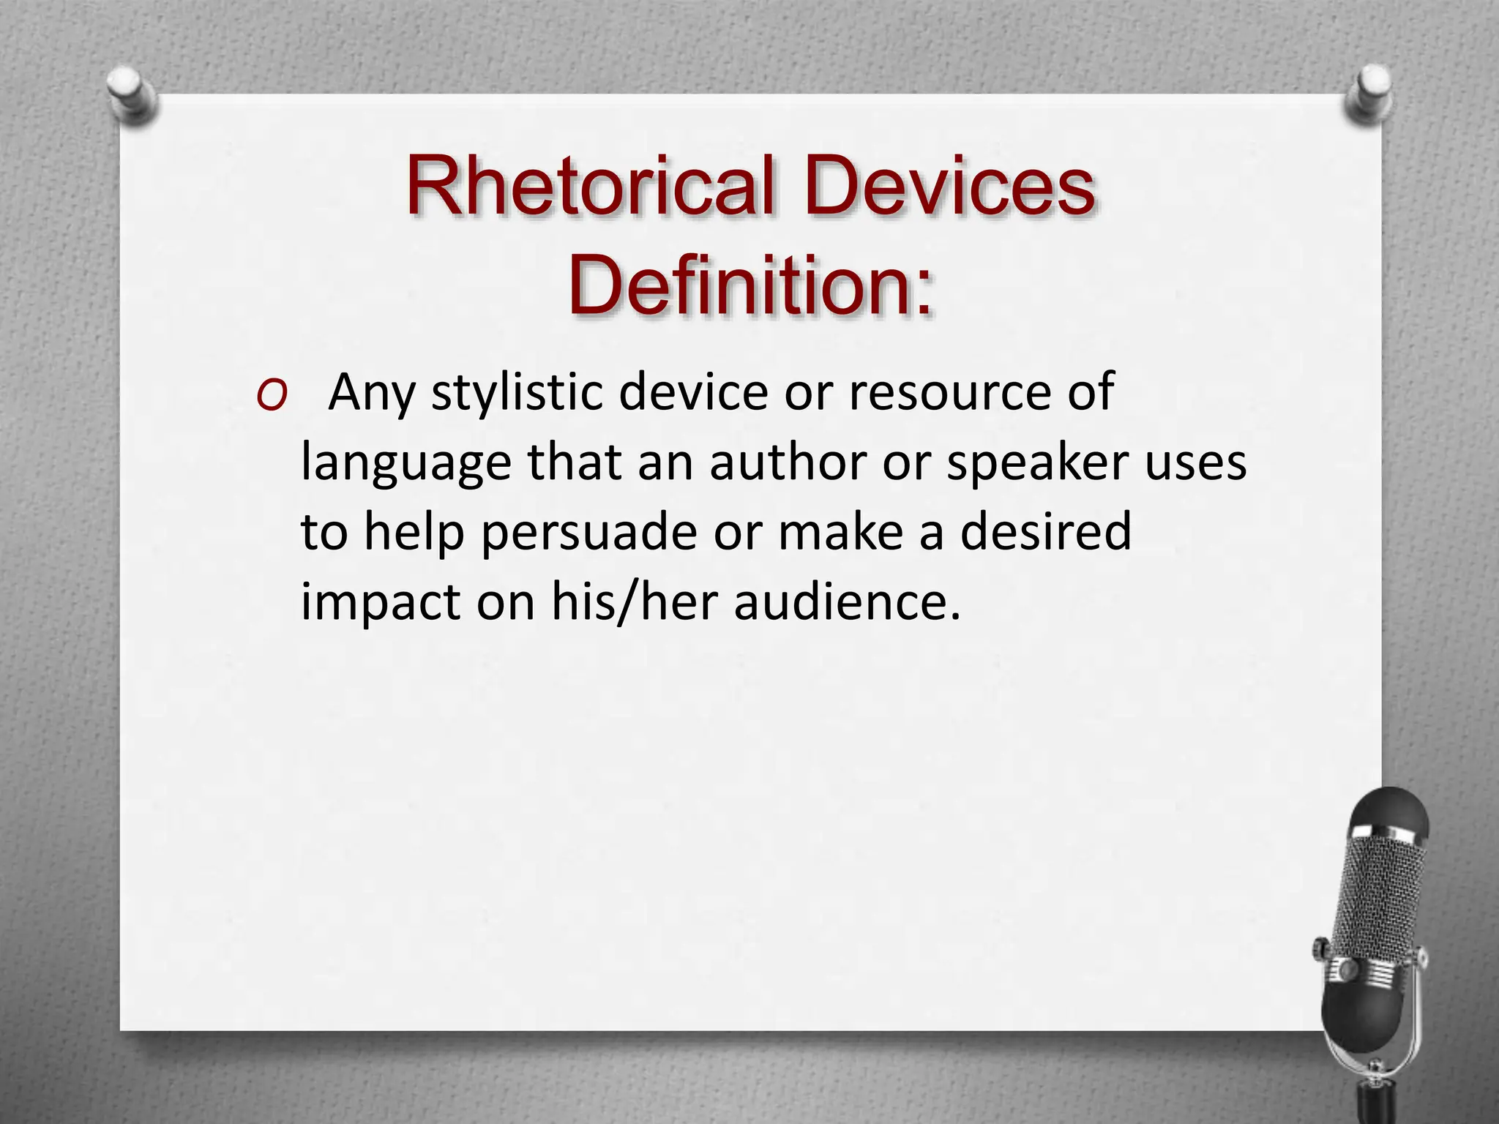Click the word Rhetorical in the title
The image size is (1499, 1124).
click(x=589, y=187)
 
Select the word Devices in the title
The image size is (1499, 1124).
click(x=949, y=187)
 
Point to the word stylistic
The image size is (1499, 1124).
click(x=517, y=394)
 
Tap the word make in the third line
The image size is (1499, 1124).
click(x=840, y=533)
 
